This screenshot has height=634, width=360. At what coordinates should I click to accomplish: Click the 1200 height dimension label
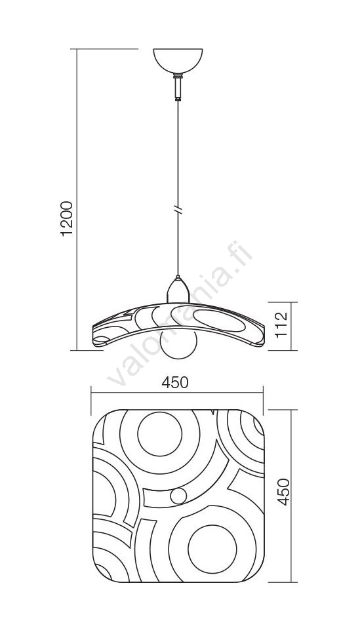pos(67,218)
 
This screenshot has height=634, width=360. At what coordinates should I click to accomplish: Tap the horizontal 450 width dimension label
pos(175,382)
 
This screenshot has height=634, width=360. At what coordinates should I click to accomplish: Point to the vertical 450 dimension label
pos(284,492)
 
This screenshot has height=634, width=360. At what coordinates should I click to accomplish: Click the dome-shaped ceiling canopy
pos(178,60)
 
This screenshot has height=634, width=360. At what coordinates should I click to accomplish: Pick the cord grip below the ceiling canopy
pos(178,87)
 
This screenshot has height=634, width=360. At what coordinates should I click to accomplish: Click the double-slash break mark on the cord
pos(178,210)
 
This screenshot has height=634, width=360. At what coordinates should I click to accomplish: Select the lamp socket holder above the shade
pos(178,290)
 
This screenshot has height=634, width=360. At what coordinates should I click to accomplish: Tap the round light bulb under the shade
pos(178,346)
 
